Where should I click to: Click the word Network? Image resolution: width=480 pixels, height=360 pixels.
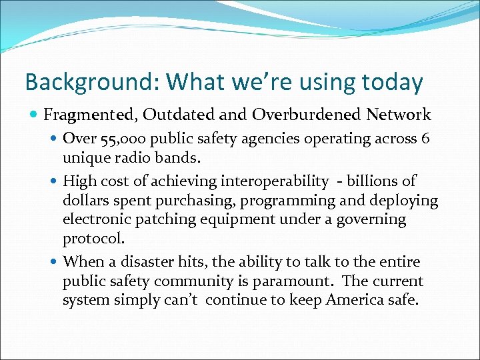[x=399, y=115]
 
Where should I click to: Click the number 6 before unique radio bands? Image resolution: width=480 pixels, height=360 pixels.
[x=425, y=139]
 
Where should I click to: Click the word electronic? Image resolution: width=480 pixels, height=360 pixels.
[x=94, y=219]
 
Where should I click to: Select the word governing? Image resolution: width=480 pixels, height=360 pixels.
[x=370, y=219]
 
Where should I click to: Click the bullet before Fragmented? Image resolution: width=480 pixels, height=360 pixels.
[x=35, y=115]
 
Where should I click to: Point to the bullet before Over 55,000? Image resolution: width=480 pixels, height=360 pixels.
[x=55, y=139]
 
